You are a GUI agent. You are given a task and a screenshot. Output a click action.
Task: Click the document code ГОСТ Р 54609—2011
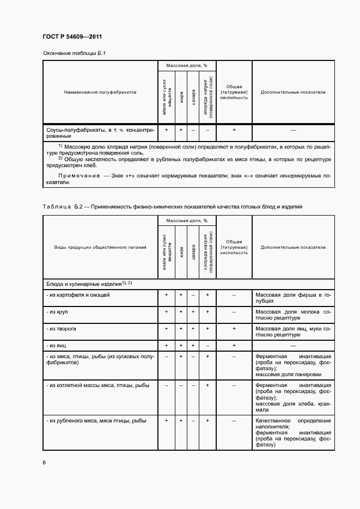(x=72, y=37)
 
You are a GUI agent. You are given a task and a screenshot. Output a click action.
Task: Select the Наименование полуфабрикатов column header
(x=100, y=92)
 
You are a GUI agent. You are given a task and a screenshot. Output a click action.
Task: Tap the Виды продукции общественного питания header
(x=100, y=247)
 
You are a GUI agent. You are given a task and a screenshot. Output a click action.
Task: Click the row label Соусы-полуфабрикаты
(x=100, y=133)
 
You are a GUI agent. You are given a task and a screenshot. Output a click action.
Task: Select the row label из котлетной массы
(x=98, y=385)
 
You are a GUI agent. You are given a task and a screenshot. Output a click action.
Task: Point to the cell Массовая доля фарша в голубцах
(x=293, y=298)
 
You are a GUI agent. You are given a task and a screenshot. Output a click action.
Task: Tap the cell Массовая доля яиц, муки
(x=293, y=332)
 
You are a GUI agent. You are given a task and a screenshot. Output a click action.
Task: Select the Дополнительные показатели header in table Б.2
(x=293, y=247)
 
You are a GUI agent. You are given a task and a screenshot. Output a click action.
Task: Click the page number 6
(x=44, y=462)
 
